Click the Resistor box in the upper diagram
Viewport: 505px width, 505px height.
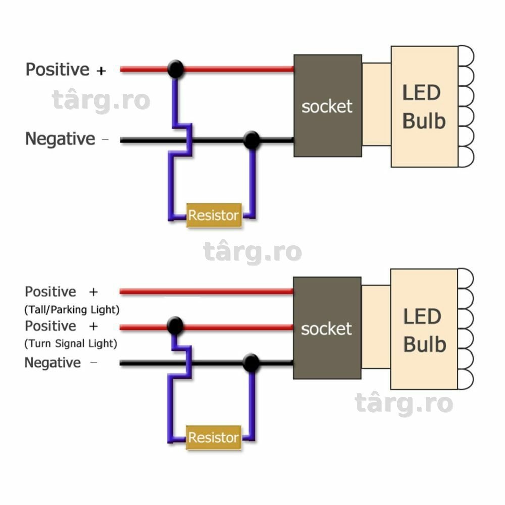pos(214,215)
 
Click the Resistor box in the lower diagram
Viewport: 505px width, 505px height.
pos(214,438)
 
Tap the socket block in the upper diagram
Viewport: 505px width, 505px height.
pos(328,106)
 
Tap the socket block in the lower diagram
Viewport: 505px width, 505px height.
pos(327,328)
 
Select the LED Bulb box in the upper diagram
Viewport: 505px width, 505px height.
pos(425,107)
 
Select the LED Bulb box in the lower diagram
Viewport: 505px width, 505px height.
pos(424,329)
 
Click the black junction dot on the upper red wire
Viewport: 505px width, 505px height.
pos(176,69)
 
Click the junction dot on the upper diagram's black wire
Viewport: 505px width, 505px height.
pos(251,140)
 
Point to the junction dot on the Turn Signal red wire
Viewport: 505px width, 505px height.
pos(175,326)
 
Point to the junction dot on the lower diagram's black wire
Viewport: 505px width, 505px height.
pos(251,363)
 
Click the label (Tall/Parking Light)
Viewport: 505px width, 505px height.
pos(72,310)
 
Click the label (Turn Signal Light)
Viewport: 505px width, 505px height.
pos(71,343)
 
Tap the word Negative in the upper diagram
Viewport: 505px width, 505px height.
pos(60,139)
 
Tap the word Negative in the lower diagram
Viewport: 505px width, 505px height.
pos(53,363)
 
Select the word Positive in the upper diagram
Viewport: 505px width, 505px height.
pos(58,69)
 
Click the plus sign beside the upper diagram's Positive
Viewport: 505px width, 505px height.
pos(101,71)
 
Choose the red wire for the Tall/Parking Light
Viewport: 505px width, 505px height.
pos(207,292)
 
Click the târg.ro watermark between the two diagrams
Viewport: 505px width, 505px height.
pos(252,251)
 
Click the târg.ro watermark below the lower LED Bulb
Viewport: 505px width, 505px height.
pos(404,403)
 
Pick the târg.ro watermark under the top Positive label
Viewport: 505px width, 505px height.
pos(101,100)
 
